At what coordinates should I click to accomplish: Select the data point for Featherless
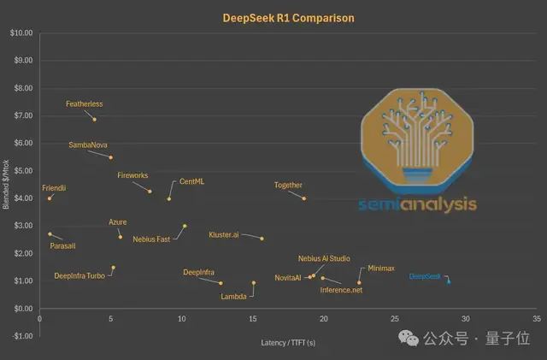coord(95,119)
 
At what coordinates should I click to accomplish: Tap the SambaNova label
coord(88,145)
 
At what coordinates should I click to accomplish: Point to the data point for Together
coord(304,198)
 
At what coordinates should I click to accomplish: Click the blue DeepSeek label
coord(425,277)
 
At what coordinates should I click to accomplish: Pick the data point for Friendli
coord(50,198)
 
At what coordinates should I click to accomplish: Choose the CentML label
coord(192,182)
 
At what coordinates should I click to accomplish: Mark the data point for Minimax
coord(359,282)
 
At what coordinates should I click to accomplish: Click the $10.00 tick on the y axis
coord(21,33)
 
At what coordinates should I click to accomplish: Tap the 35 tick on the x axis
coord(536,318)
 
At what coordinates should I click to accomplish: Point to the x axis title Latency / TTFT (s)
coord(287,344)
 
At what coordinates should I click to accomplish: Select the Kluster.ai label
coord(224,234)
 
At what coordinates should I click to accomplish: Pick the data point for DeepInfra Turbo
coord(113,268)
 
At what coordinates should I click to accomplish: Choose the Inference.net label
coord(341,291)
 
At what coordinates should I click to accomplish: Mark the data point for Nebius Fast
coord(185,226)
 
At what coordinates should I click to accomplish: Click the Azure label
coord(118,222)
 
